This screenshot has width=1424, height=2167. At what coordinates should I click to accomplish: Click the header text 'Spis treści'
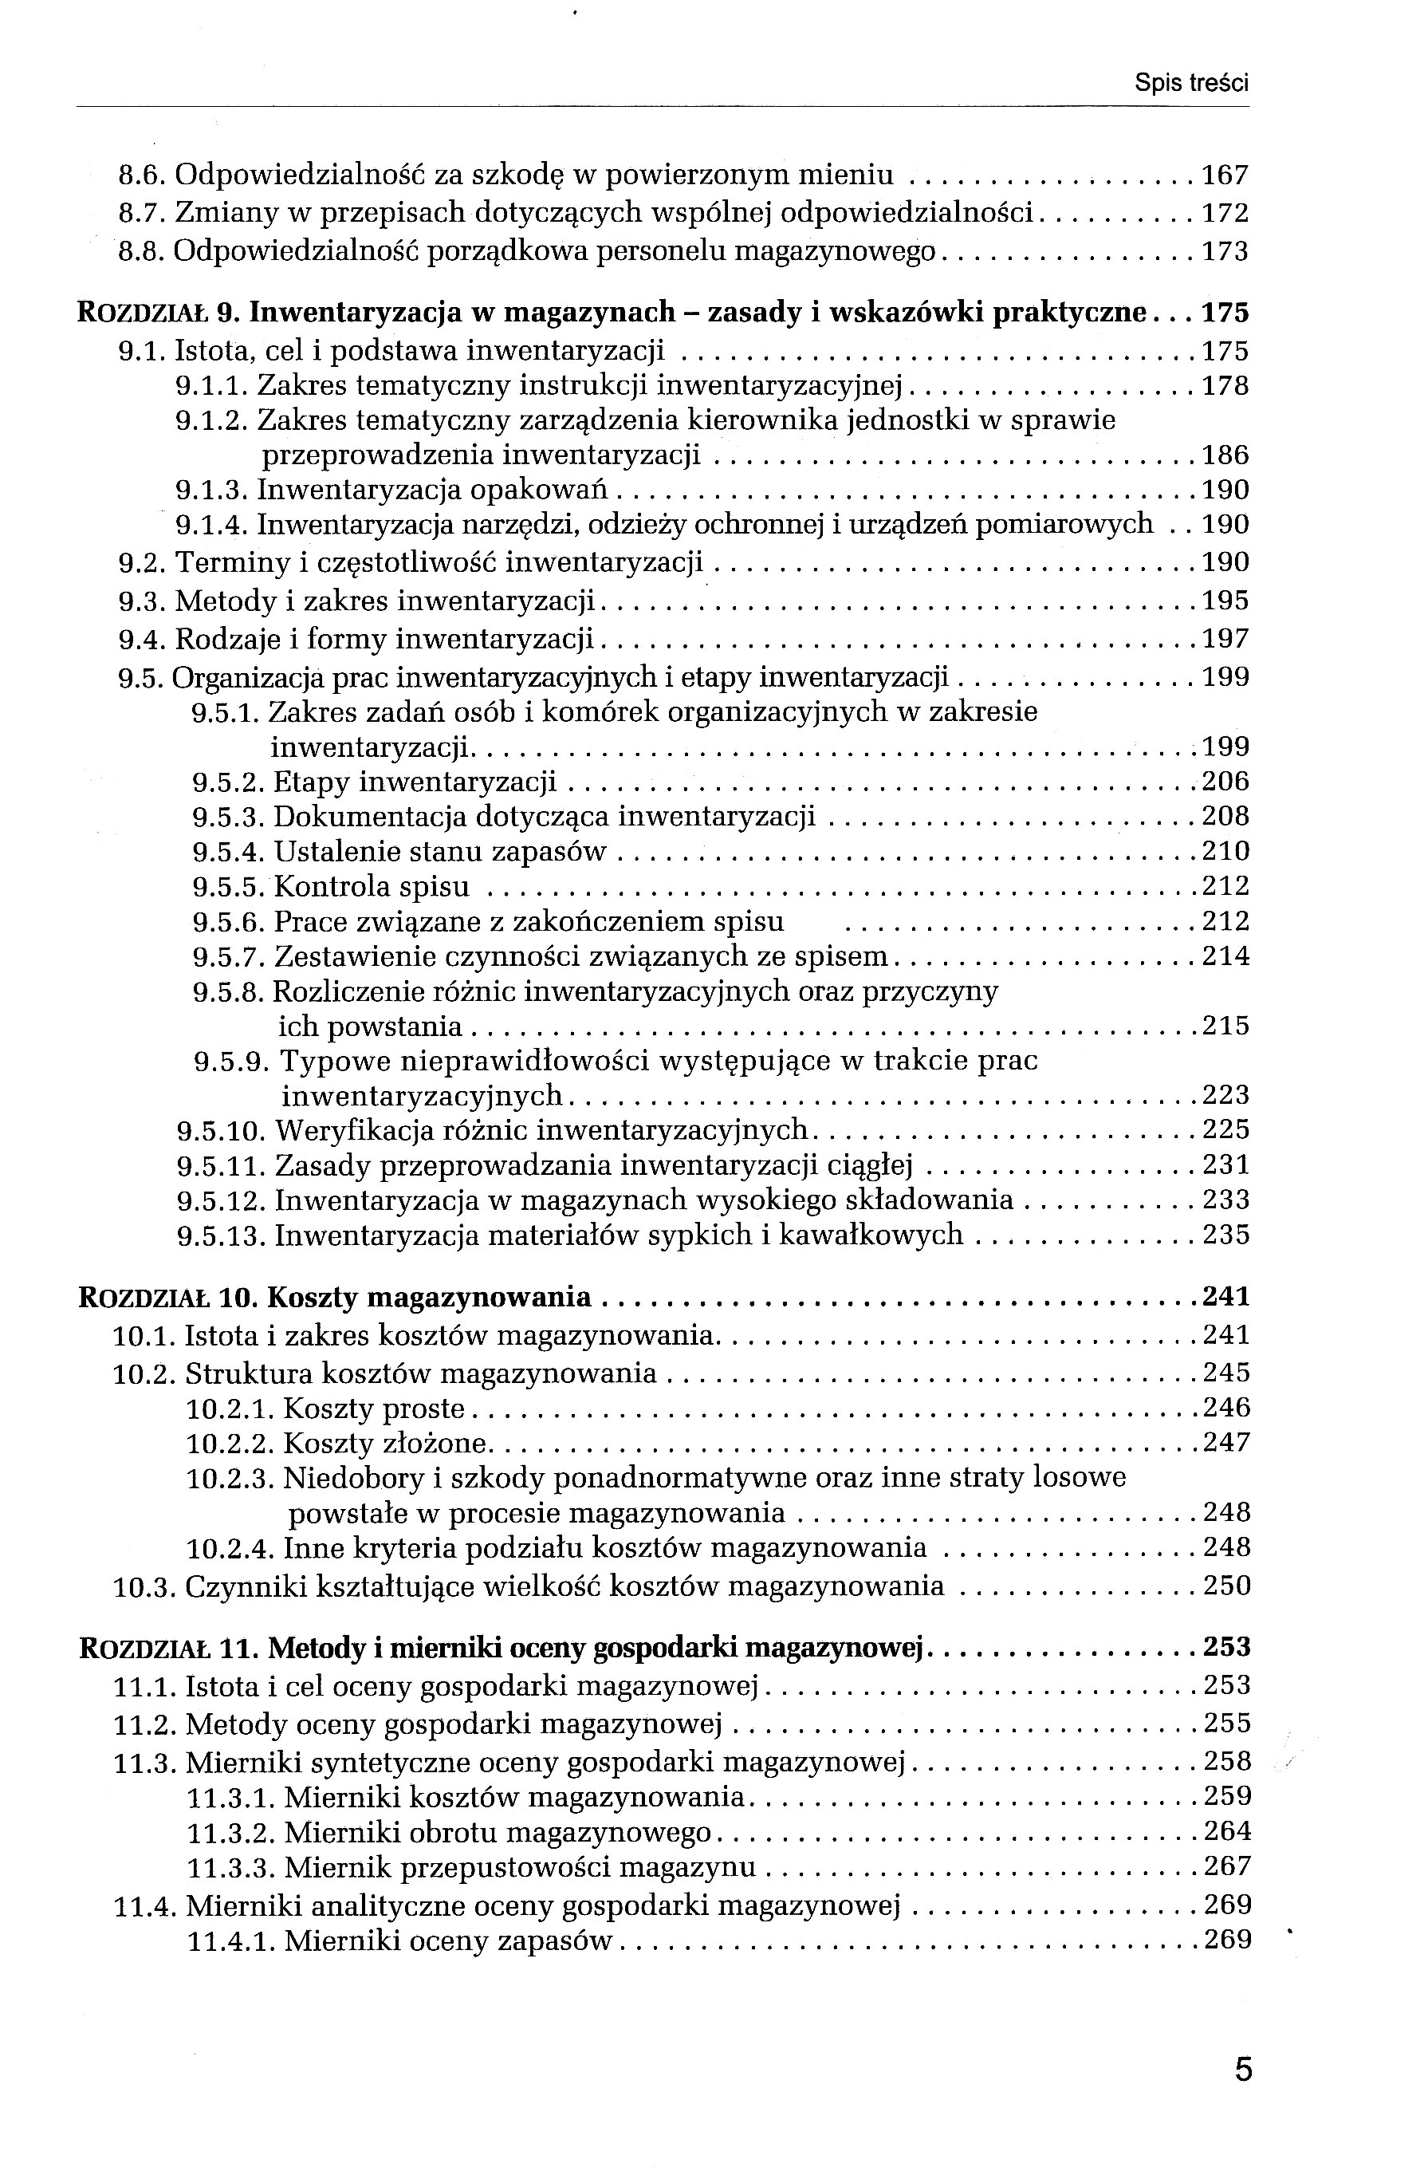[x=1191, y=84]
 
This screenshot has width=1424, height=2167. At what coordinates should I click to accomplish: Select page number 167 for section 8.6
[x=1225, y=175]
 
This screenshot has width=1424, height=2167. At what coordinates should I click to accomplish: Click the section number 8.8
[x=143, y=251]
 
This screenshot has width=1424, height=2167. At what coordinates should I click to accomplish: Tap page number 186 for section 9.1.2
[x=1225, y=455]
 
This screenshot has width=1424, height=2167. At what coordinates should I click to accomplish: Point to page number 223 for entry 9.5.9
[x=1225, y=1094]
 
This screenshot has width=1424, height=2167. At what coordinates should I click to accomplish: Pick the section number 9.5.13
[x=221, y=1235]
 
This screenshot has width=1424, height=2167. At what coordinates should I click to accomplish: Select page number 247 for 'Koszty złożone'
[x=1225, y=1443]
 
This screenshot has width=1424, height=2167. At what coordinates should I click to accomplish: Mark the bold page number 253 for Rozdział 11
[x=1226, y=1648]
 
